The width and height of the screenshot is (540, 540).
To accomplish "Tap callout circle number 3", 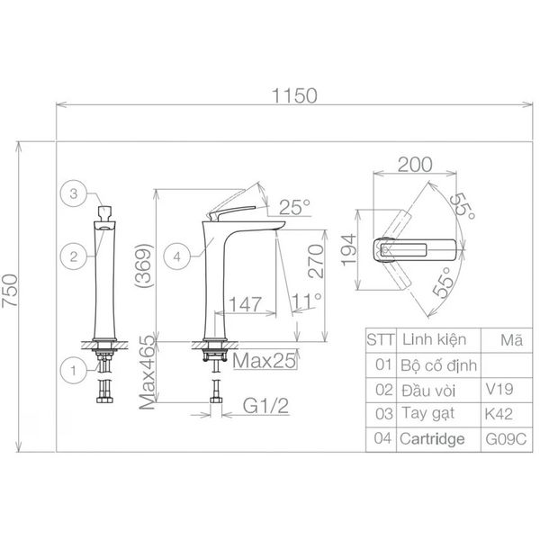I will pos(76,193).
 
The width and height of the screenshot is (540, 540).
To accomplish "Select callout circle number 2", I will pos(76,256).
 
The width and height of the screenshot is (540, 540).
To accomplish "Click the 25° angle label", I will pos(293,206).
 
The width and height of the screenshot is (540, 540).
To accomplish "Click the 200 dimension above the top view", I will pos(414,165).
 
